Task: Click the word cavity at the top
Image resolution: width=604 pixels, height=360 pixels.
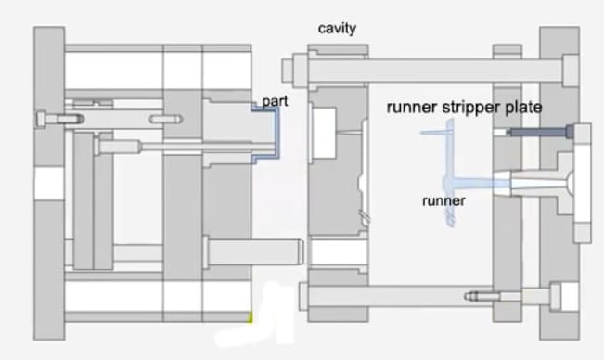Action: point(337,29)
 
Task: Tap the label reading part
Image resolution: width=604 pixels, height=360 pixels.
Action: point(274,100)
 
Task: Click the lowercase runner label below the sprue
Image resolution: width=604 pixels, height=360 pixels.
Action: point(443,199)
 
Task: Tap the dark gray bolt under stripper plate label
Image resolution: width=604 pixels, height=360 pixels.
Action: point(538,134)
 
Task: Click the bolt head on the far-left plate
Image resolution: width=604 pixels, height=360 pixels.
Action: point(42,118)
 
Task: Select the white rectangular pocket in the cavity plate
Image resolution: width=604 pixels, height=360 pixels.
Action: point(324,130)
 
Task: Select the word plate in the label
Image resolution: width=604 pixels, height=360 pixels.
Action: point(524,107)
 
